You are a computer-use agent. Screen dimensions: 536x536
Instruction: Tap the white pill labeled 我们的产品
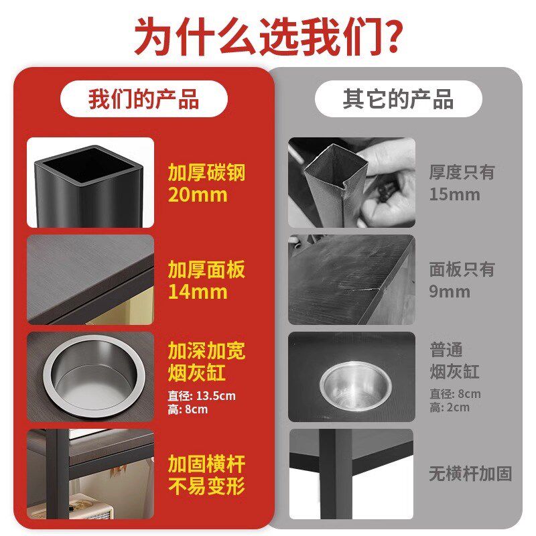pos(143,99)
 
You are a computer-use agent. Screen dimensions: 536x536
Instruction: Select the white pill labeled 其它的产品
pos(398,99)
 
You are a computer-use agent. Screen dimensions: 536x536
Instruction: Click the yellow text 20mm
pos(198,196)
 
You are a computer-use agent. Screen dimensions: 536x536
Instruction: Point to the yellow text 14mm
pos(198,292)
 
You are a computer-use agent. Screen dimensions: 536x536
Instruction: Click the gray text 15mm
pos(455,195)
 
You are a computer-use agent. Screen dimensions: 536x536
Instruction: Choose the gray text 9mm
pos(450,292)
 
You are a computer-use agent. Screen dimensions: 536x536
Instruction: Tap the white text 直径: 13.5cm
pos(202,395)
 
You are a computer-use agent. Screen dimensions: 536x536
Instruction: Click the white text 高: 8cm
pos(188,409)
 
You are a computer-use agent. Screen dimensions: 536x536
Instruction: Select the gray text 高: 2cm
pos(450,407)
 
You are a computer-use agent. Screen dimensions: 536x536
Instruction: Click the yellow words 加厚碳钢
pos(206,173)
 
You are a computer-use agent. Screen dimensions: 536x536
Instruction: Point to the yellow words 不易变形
pos(206,485)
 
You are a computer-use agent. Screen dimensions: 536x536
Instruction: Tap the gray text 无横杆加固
pos(470,474)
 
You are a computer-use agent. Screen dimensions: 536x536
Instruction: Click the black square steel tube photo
pos(90,182)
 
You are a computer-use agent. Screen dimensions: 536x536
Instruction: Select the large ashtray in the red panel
pos(90,375)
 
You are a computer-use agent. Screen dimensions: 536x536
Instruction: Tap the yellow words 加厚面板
pos(206,270)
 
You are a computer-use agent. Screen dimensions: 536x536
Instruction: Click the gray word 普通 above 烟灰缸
pos(446,350)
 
